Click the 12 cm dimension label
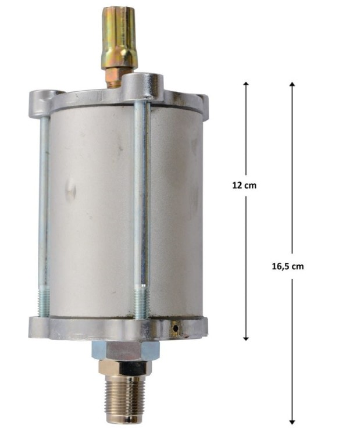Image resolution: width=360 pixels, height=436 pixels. coord(244,185)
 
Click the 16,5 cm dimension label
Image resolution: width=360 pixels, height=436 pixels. coord(288,266)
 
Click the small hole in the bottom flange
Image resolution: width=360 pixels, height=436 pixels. coord(174,329)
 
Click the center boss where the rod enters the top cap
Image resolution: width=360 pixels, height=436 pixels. coord(142,81)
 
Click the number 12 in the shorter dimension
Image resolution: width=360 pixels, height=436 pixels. coord(237,185)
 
